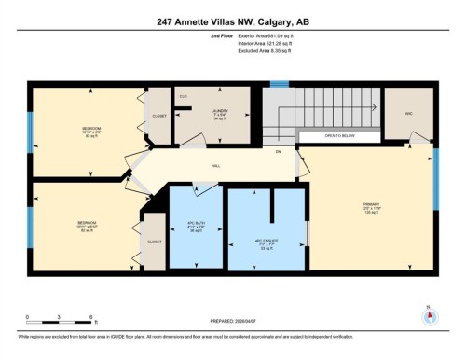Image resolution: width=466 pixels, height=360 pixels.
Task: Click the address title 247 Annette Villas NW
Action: coord(232,21)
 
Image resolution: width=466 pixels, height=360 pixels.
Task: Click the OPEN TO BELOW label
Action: coord(341,136)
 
